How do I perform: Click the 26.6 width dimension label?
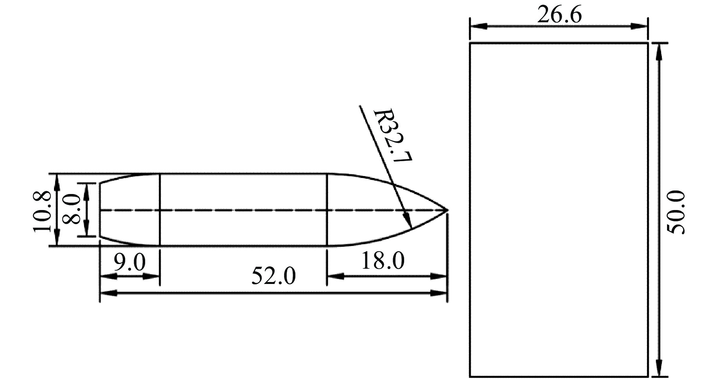coord(559,15)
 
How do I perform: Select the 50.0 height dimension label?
coord(676,212)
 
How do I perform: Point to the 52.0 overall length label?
coord(273,276)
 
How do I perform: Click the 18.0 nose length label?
coord(382,261)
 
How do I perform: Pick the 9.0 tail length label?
coord(129,262)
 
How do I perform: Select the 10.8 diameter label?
coord(42,212)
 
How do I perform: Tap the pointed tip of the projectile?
coord(448,210)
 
